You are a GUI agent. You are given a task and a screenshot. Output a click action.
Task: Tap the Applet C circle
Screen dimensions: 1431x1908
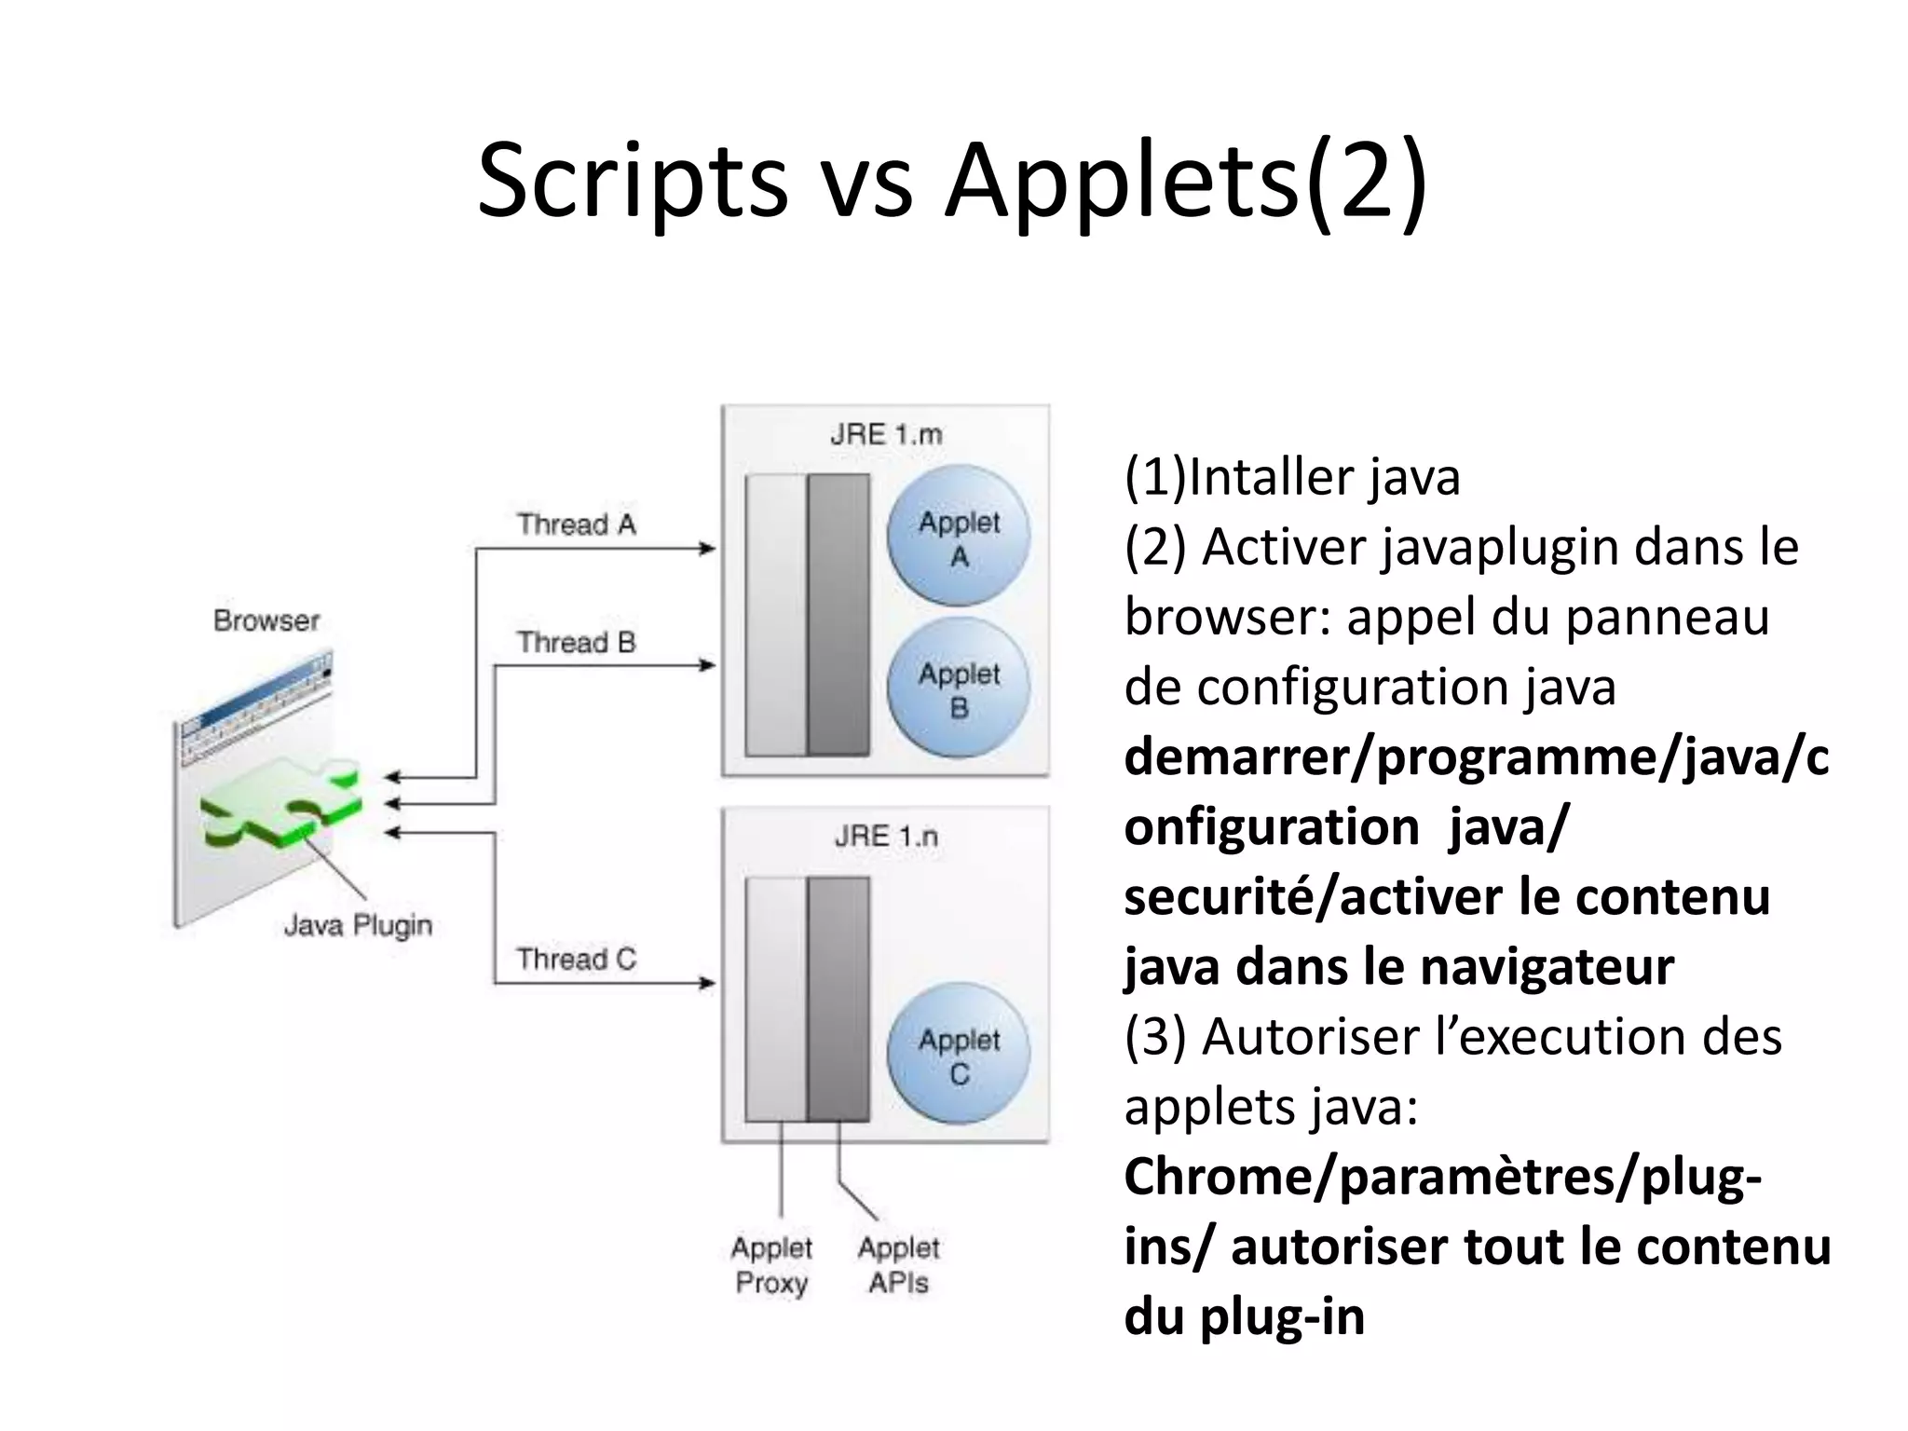coord(958,1055)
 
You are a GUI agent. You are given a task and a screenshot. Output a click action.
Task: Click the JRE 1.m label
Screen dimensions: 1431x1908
coord(886,434)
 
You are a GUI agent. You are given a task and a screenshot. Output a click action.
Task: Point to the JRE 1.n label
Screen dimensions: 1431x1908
coord(886,836)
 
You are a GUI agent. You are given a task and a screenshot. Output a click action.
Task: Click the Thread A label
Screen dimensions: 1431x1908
coord(576,525)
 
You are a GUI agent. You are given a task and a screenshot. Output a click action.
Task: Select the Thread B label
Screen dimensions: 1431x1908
coord(576,642)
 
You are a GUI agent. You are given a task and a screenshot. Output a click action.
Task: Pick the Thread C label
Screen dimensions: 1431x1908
coord(576,959)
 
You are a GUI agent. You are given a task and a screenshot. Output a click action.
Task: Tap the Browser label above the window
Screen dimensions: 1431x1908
coord(266,620)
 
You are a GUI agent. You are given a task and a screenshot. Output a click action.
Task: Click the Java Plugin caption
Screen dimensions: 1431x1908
coord(358,925)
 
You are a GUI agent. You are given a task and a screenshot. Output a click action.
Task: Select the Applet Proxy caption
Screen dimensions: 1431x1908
coord(771,1264)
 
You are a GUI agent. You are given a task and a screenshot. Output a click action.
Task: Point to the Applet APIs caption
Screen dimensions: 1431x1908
coord(898,1264)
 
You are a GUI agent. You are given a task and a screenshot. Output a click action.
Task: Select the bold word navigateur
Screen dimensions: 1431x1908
coord(1547,966)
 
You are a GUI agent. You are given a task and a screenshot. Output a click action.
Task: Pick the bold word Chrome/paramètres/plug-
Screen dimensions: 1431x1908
coord(1442,1177)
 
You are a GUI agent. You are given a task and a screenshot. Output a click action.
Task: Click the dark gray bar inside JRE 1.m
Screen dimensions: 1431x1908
coord(838,615)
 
